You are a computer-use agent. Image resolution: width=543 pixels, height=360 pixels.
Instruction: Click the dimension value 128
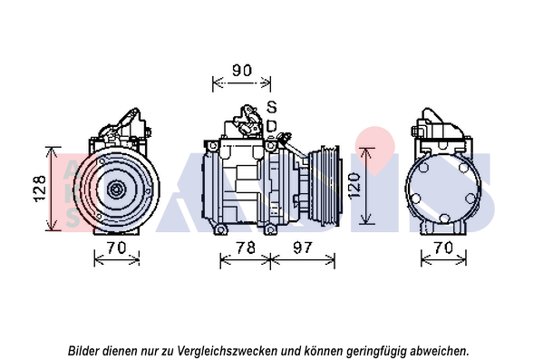pyautogui.click(x=40, y=188)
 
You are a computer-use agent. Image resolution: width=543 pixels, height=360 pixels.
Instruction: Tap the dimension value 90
pyautogui.click(x=242, y=71)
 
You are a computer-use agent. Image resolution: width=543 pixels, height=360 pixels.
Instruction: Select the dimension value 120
pyautogui.click(x=354, y=186)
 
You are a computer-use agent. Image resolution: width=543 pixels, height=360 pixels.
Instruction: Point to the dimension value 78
pyautogui.click(x=246, y=248)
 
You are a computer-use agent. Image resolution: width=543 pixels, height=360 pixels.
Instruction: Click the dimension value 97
pyautogui.click(x=303, y=248)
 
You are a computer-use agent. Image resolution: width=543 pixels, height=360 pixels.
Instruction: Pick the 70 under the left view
pyautogui.click(x=116, y=248)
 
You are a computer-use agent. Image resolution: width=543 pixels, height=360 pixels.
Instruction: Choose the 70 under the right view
pyautogui.click(x=443, y=248)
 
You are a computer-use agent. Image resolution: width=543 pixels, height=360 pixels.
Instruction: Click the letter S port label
pyautogui.click(x=272, y=107)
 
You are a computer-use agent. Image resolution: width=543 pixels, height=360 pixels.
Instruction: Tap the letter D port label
pyautogui.click(x=272, y=126)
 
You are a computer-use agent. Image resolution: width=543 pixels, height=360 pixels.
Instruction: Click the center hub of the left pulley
pyautogui.click(x=116, y=190)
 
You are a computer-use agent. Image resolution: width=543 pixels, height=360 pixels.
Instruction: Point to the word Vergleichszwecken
pyautogui.click(x=228, y=351)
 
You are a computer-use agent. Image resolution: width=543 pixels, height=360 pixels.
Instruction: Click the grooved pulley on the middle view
pyautogui.click(x=325, y=187)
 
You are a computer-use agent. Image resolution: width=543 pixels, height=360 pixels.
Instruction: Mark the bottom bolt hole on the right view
pyautogui.click(x=444, y=219)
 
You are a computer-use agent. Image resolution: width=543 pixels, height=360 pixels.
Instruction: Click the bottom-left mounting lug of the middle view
pyautogui.click(x=220, y=229)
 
